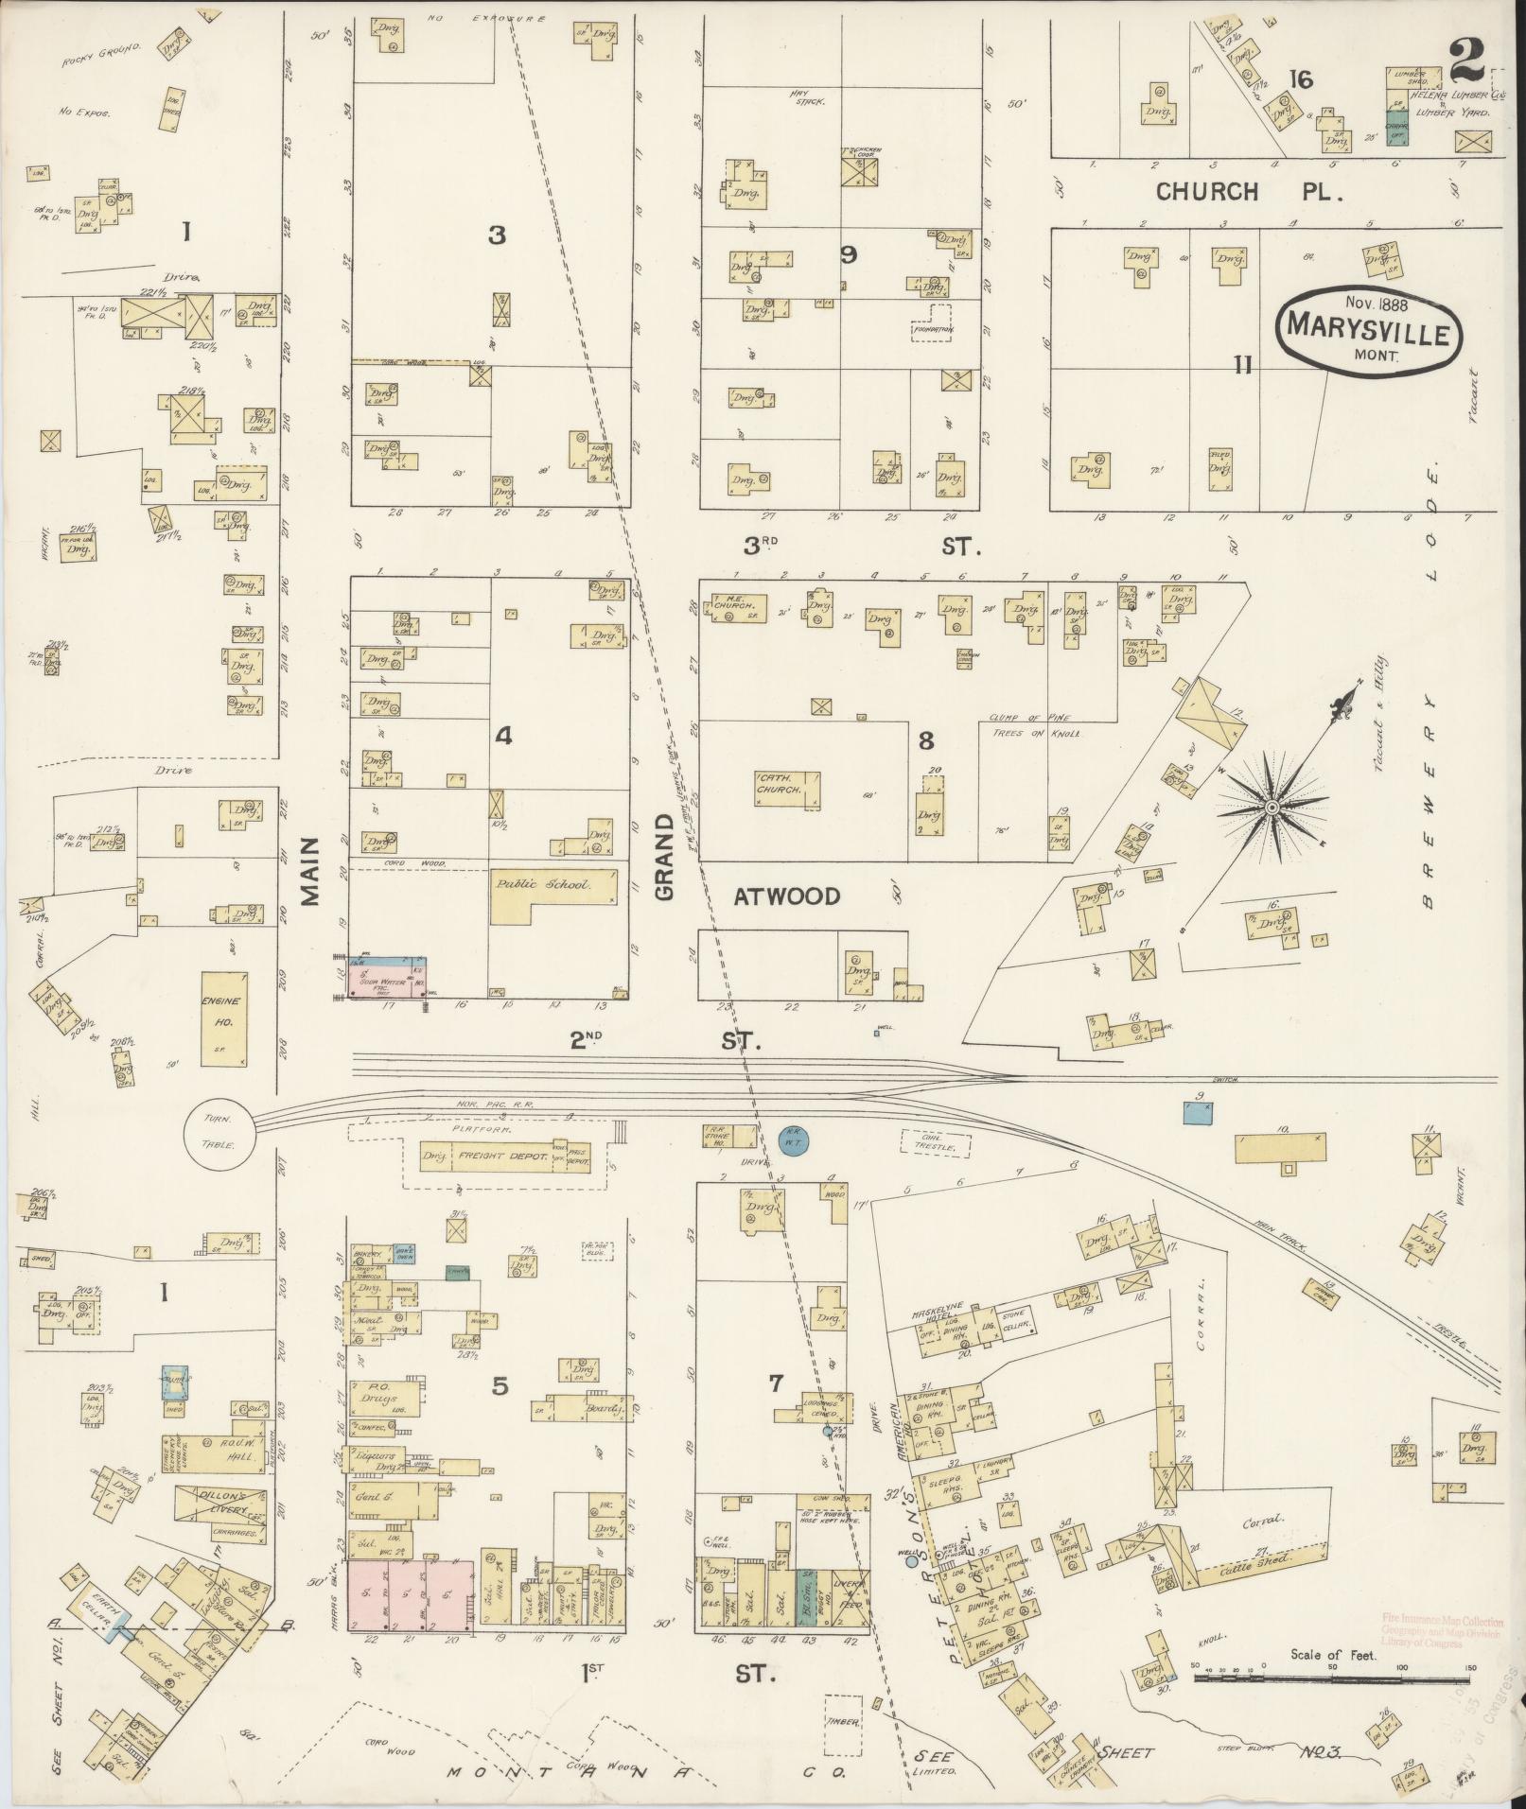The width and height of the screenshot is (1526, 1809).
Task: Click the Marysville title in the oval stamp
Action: click(x=1368, y=335)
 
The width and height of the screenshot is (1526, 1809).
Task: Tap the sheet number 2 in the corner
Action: click(x=1468, y=62)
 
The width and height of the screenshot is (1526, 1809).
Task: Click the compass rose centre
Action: click(x=1273, y=807)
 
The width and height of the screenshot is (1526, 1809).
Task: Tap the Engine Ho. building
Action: click(x=221, y=1018)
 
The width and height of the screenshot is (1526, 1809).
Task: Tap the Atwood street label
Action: click(x=786, y=896)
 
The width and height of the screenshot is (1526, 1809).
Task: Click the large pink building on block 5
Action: click(x=411, y=1595)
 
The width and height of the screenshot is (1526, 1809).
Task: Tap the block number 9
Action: click(x=848, y=254)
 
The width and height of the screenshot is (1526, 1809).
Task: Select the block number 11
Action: click(x=1241, y=365)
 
